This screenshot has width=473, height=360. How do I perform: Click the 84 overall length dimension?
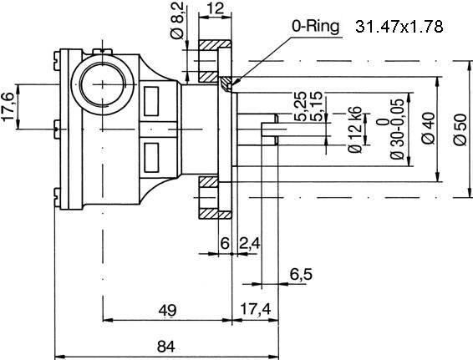click(x=166, y=347)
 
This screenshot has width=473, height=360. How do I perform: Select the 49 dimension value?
click(x=167, y=310)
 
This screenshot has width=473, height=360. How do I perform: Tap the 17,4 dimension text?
click(x=256, y=309)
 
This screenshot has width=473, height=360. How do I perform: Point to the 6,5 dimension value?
click(x=301, y=275)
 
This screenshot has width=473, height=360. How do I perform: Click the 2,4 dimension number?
click(x=250, y=243)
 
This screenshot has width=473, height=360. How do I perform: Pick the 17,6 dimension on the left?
click(x=8, y=107)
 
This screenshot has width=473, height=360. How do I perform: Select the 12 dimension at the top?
click(x=216, y=8)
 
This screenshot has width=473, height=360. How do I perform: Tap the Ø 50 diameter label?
click(x=460, y=129)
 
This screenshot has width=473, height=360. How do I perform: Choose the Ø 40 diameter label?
click(x=429, y=128)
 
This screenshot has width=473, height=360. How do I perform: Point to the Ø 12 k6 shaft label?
click(x=354, y=129)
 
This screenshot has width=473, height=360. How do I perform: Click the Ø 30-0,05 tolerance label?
click(x=393, y=129)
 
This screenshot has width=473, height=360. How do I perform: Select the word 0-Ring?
click(x=315, y=27)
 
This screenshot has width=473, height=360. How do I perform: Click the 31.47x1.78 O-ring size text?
click(x=399, y=27)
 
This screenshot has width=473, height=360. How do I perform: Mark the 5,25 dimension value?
click(x=301, y=106)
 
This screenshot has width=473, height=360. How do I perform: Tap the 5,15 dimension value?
click(x=317, y=106)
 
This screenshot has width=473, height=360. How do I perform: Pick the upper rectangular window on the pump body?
click(x=151, y=101)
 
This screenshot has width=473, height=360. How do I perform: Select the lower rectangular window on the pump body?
click(x=151, y=158)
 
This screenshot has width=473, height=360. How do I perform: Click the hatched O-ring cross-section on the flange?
click(x=226, y=84)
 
